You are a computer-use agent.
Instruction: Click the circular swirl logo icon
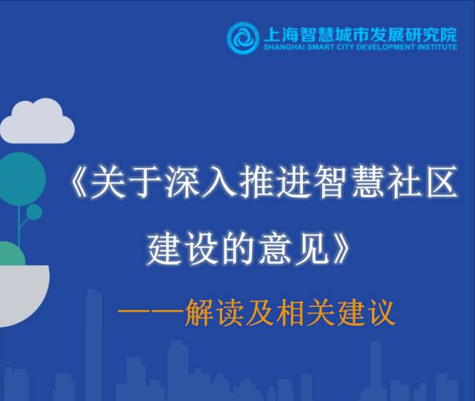click(x=243, y=39)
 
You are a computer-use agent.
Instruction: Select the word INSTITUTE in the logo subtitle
click(x=437, y=47)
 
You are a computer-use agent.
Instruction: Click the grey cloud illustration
click(x=37, y=121)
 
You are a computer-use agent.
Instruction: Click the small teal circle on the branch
click(x=34, y=212)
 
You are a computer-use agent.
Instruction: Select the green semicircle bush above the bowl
click(x=12, y=254)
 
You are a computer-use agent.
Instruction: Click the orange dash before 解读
click(x=151, y=311)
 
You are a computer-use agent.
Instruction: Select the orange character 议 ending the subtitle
click(x=381, y=313)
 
